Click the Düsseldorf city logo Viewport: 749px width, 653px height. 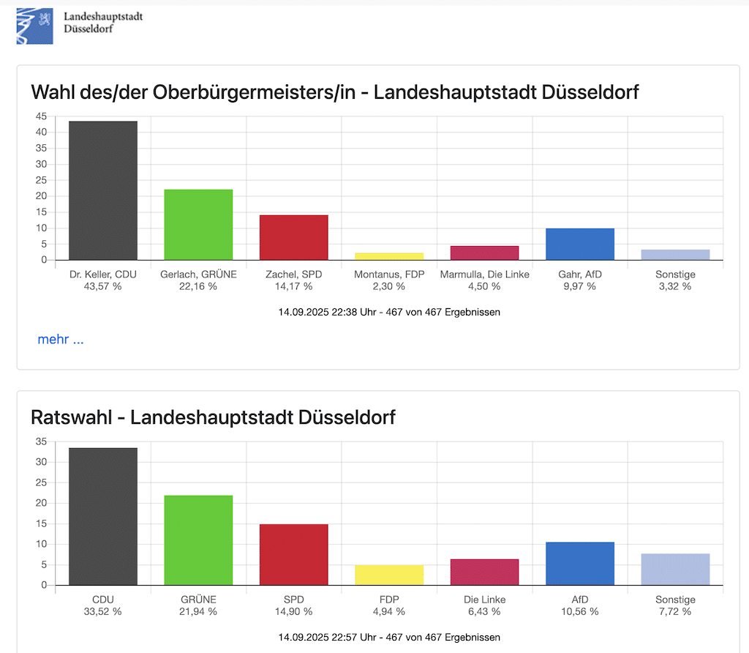point(35,26)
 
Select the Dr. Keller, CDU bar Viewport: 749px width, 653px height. point(103,190)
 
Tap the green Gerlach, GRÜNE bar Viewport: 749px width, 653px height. point(198,225)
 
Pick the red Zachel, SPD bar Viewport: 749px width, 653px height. point(293,237)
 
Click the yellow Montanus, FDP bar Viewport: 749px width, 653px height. point(389,256)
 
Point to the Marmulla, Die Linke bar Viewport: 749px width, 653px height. point(484,253)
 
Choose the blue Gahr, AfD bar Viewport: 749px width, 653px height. point(580,244)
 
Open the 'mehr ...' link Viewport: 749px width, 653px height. point(61,340)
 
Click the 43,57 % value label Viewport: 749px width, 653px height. point(103,286)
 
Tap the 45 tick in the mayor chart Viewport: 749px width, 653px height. point(40,116)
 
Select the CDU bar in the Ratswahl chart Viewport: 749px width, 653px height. point(103,516)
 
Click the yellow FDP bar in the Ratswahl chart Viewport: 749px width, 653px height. point(389,575)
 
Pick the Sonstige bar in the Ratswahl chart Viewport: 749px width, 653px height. point(675,569)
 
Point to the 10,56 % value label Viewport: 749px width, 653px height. point(580,611)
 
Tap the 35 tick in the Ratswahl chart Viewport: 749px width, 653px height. point(40,441)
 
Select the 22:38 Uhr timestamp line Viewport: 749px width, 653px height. point(389,312)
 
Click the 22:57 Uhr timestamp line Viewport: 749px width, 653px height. point(389,637)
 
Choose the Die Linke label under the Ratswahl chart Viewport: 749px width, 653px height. point(484,600)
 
